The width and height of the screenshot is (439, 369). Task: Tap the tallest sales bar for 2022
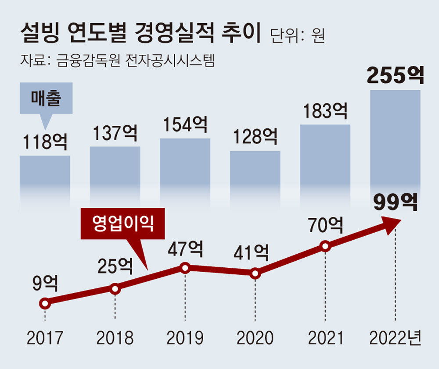[395, 140]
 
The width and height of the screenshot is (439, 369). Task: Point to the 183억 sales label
[325, 111]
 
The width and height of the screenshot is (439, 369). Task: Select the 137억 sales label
[115, 133]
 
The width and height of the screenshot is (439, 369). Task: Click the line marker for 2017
[44, 303]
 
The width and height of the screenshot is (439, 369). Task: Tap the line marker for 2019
[185, 268]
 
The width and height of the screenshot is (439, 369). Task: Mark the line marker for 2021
[325, 246]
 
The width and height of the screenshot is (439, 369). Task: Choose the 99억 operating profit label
[395, 202]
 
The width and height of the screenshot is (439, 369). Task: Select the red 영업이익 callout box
[123, 225]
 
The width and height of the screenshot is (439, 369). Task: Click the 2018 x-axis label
[115, 338]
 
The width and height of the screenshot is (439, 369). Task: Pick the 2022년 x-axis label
[395, 338]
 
